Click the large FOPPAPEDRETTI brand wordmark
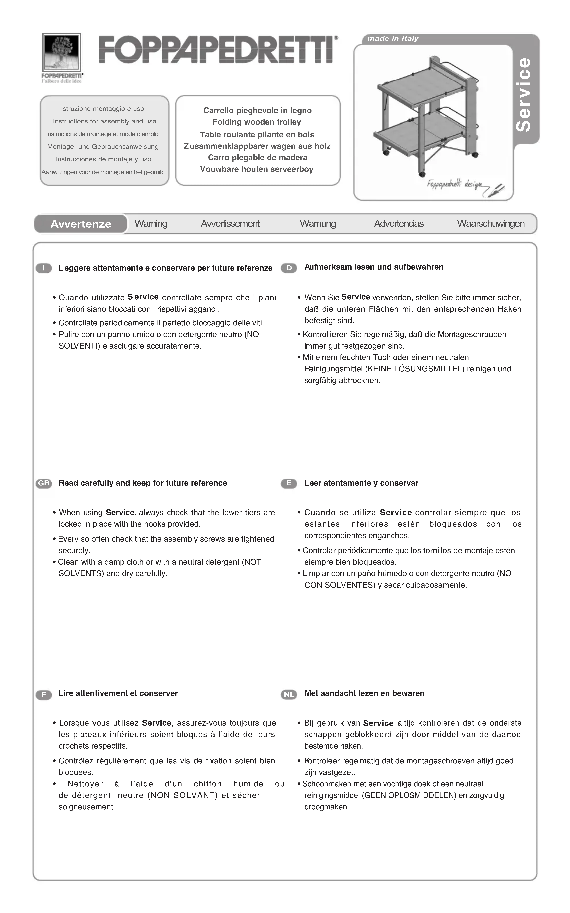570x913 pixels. (x=218, y=49)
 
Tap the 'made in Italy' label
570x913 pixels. (x=393, y=38)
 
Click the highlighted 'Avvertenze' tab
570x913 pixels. (x=81, y=224)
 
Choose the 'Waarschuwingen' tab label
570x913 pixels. (x=490, y=224)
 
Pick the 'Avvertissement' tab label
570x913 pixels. (x=230, y=224)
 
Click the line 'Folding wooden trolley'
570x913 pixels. (x=257, y=122)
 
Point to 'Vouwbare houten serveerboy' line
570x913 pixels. (x=257, y=169)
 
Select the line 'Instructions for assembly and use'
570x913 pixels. (x=104, y=121)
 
